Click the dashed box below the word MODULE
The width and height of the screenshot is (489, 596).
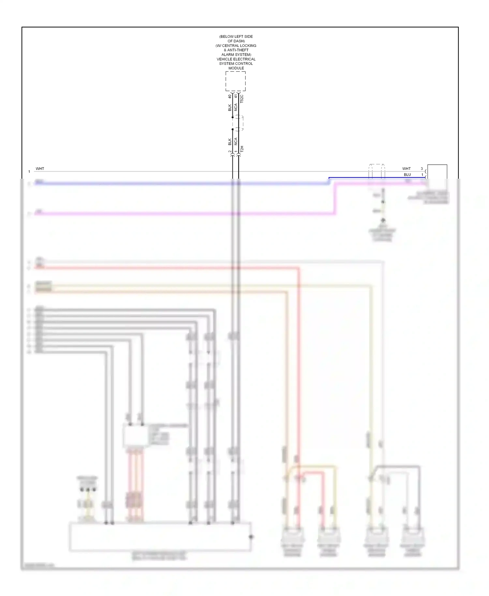[x=235, y=81]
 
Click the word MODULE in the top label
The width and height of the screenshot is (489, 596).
[x=236, y=68]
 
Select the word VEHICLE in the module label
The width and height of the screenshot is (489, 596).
[x=225, y=59]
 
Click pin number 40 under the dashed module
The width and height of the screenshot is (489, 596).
[x=230, y=97]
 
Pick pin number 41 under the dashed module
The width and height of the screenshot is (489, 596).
[x=236, y=97]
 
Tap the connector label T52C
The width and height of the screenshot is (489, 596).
[x=242, y=99]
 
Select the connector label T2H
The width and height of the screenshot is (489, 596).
[x=242, y=149]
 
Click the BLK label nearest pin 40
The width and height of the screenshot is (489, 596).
[x=230, y=107]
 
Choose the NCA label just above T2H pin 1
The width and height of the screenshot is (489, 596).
[x=236, y=141]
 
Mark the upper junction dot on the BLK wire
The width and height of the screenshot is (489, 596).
[x=232, y=117]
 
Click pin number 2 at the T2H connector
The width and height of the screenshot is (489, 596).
[x=230, y=152]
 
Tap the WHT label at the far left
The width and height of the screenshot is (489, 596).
[x=40, y=169]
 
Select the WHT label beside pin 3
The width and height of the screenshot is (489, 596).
[x=406, y=169]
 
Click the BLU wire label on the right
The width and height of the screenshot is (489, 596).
[x=407, y=175]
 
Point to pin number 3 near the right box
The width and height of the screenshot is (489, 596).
[x=422, y=169]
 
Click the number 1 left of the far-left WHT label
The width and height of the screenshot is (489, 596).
[x=29, y=171]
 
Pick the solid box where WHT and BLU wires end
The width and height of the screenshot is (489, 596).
[x=437, y=172]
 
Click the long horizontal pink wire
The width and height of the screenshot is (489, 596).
[x=183, y=214]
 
